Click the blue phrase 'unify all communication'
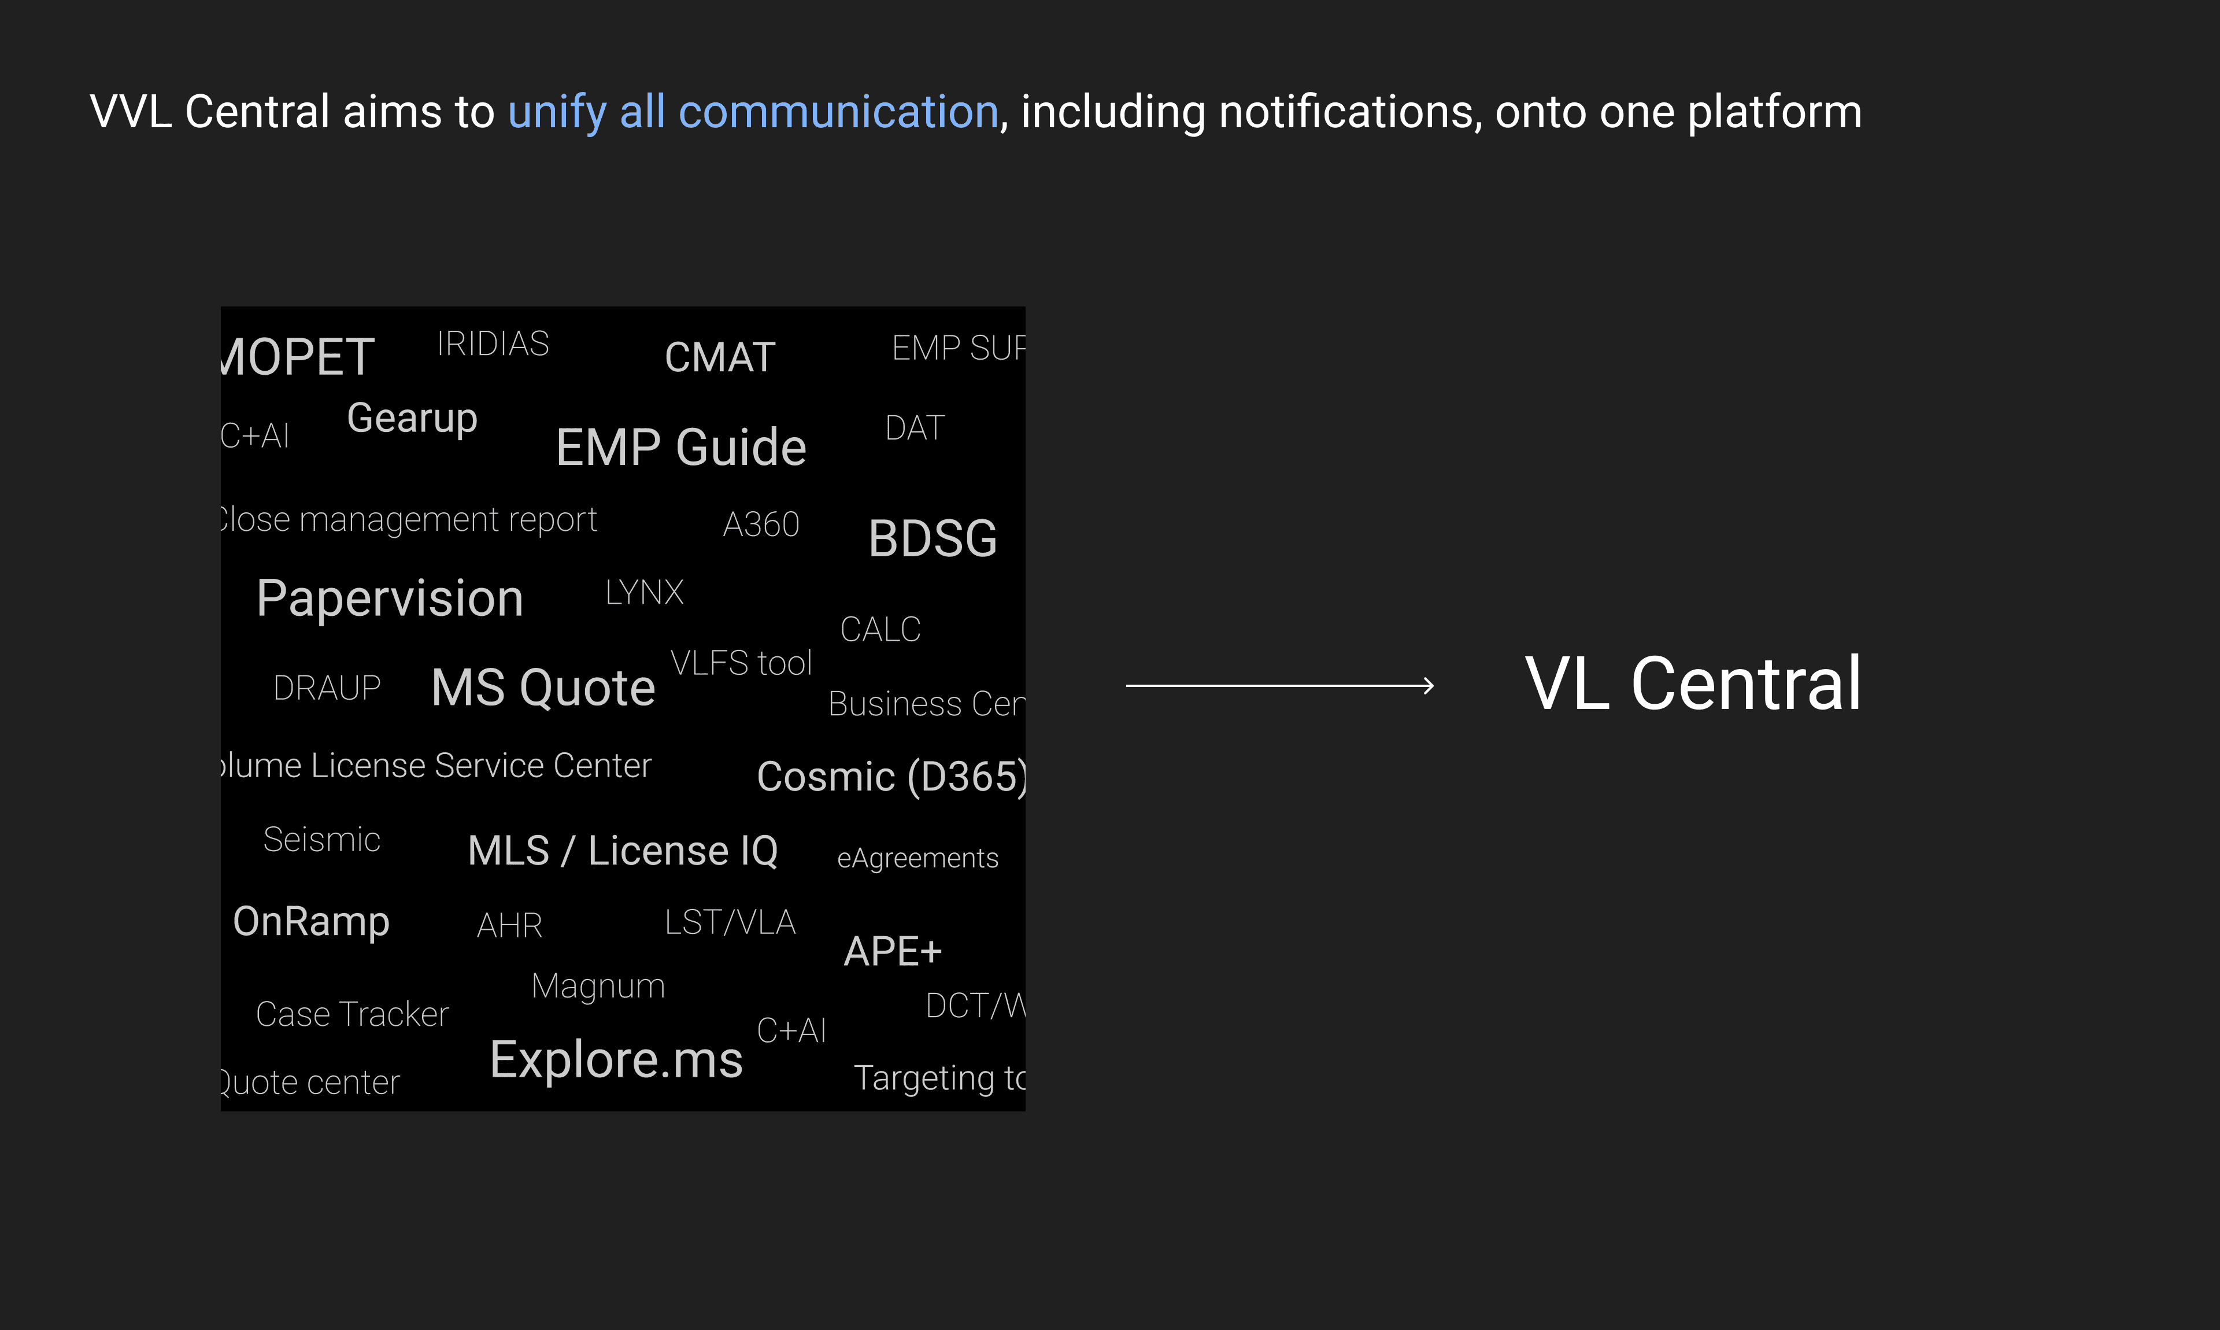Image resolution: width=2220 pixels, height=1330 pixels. (x=753, y=112)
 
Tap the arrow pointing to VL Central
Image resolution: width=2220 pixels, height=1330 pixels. (x=1279, y=686)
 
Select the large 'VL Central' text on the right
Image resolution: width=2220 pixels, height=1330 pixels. (x=1692, y=684)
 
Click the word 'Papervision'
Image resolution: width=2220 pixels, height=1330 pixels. (x=390, y=598)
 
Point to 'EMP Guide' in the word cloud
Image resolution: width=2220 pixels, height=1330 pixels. (x=681, y=447)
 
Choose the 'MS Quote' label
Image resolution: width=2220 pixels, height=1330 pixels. (x=543, y=688)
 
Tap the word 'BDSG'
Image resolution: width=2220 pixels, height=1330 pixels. (x=933, y=538)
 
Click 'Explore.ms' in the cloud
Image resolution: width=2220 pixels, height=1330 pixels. (x=616, y=1059)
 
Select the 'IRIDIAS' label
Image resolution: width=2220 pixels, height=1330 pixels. (x=493, y=344)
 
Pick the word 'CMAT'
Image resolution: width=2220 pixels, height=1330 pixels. (x=719, y=357)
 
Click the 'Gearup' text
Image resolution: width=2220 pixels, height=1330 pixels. (x=412, y=419)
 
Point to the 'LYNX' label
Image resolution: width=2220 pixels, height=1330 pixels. (x=644, y=592)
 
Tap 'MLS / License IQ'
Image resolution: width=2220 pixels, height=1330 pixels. (x=623, y=851)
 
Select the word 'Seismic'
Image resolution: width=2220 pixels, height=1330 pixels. (x=321, y=840)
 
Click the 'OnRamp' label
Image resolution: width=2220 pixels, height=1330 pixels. (x=311, y=921)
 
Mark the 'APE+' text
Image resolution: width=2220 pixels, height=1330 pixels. (x=892, y=951)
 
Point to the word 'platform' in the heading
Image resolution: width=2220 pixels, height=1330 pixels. (x=1774, y=112)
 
